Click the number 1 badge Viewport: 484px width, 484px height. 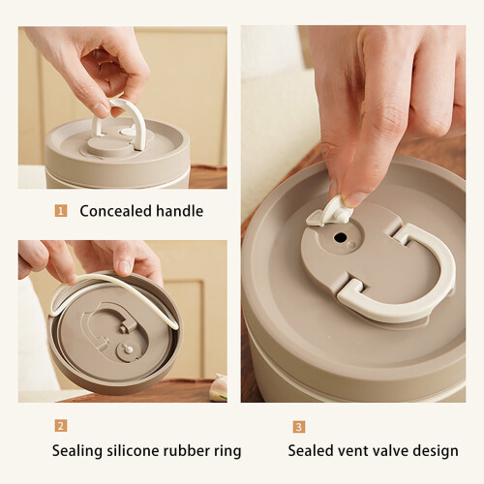(61, 211)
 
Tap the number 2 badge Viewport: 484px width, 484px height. (61, 426)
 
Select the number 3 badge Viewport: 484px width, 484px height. (299, 427)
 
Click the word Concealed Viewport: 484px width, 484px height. (115, 211)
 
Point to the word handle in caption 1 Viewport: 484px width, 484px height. (180, 211)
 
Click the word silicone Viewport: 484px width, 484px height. (133, 450)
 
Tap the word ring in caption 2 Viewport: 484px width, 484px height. (227, 452)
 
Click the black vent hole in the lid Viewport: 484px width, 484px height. (341, 238)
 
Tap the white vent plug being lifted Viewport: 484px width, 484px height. (329, 212)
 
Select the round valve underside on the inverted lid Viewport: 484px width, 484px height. (129, 351)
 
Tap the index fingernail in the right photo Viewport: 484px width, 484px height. (355, 197)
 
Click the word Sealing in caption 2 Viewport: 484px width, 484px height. (77, 451)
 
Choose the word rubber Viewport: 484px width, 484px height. (187, 450)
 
